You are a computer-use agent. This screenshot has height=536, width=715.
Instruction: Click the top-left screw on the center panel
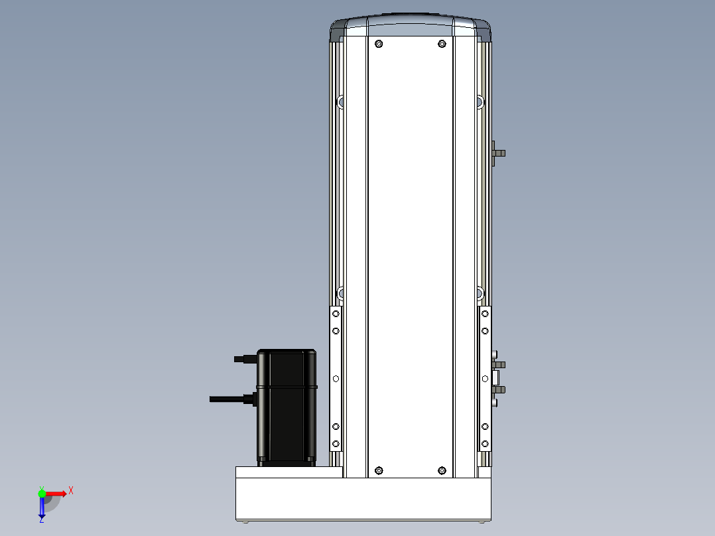379,44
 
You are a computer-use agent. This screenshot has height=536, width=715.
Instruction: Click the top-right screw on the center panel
442,44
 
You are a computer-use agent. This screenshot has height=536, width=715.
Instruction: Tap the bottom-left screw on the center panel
379,470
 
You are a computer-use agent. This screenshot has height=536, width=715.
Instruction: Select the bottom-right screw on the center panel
442,470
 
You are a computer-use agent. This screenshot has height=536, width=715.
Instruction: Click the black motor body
287,407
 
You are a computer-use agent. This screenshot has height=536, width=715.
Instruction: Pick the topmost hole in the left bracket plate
336,314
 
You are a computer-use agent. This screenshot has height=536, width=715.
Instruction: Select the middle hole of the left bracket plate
336,379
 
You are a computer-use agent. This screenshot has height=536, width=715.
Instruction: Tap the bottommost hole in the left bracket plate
336,444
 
